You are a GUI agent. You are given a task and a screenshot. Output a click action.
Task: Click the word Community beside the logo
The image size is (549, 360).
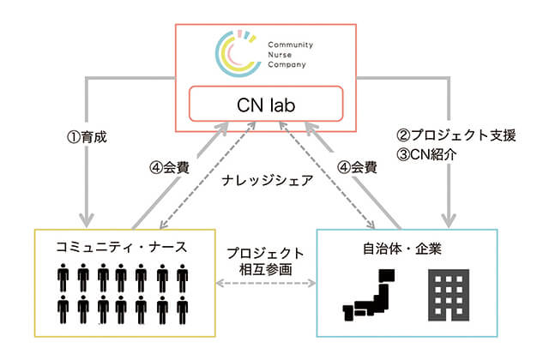point(290,45)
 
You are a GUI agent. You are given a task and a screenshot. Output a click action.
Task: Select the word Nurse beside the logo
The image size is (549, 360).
point(280,55)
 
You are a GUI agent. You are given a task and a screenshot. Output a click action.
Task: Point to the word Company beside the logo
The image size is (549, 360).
point(287,65)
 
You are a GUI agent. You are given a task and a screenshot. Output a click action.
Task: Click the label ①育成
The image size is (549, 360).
point(87,137)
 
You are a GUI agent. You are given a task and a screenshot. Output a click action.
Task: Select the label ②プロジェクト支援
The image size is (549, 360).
point(456,135)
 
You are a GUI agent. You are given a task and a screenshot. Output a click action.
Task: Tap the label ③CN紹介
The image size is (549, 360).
point(426,154)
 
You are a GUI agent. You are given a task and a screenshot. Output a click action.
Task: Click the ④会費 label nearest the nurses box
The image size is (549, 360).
point(170,168)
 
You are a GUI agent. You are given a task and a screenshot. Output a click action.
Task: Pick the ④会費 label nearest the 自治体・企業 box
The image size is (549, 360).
point(357,167)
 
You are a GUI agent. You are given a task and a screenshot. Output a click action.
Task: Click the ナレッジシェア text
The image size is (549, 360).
point(267,181)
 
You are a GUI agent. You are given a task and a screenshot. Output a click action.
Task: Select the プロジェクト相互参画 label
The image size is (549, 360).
point(265,261)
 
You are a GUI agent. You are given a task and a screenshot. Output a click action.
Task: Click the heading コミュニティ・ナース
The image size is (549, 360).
point(122,247)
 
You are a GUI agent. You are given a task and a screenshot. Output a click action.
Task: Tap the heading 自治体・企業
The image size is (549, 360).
point(402,249)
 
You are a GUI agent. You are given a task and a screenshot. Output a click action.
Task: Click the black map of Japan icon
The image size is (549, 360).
point(369,295)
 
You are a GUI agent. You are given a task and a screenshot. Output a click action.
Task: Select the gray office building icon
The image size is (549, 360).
point(449,295)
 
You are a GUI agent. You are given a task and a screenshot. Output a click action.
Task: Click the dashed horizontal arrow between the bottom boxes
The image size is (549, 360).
point(266,283)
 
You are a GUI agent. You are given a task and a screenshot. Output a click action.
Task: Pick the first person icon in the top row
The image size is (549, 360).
point(63,278)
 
